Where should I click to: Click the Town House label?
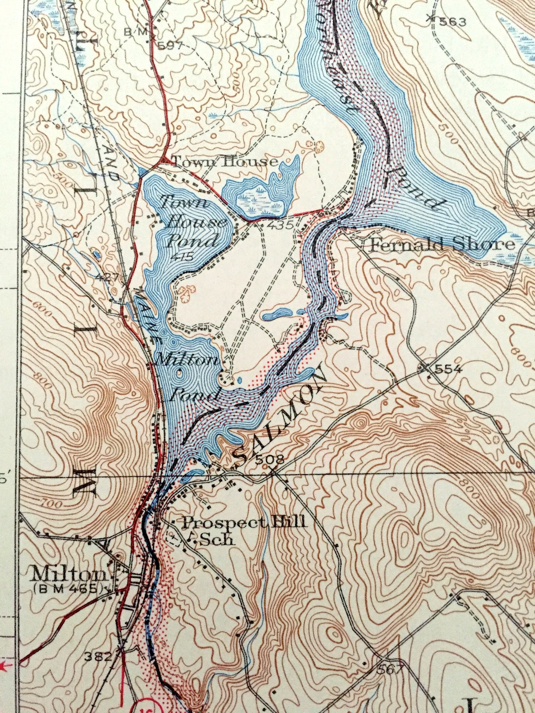click(x=225, y=162)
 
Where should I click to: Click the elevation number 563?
click(x=452, y=23)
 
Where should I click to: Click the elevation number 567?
click(x=390, y=669)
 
